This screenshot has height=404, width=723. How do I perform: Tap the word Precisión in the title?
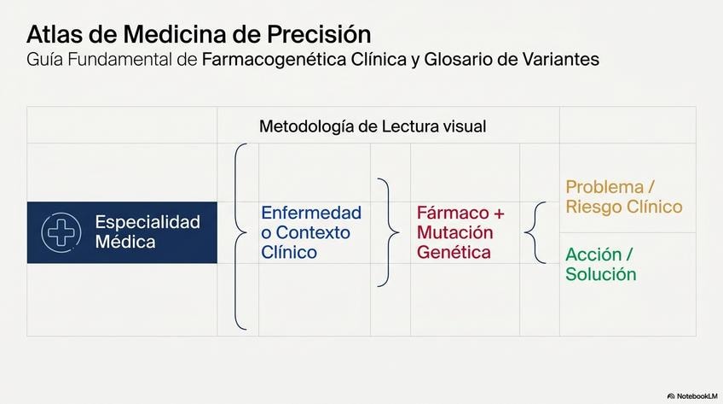pos(319,34)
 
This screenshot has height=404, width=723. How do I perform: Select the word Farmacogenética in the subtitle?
pos(274,60)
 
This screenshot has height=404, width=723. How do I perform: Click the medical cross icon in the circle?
pos(61,232)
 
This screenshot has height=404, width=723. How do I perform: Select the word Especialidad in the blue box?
pos(147,222)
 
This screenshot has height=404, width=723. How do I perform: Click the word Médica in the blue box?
pos(125,242)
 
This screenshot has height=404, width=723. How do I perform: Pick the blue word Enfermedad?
pos(311,213)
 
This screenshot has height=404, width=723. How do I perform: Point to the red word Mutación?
pos(455,232)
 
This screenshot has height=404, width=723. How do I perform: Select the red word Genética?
pos(454,253)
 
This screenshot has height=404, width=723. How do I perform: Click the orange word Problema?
pos(604,187)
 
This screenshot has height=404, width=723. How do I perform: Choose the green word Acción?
pos(593,255)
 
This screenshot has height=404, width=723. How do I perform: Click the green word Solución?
pos(601,274)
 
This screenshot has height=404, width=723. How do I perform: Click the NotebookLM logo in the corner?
pos(692,396)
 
